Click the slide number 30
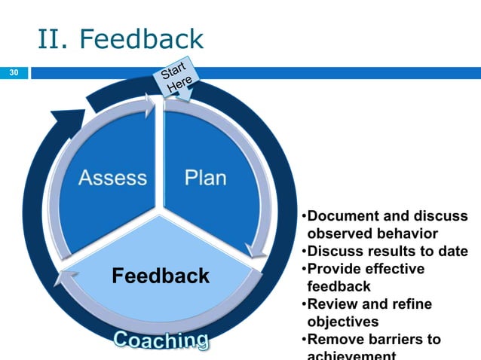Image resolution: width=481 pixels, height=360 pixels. [13, 73]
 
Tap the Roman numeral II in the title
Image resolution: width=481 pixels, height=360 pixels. [50, 39]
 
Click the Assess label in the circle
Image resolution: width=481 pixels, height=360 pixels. [112, 178]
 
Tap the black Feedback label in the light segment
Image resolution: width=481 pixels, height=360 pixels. [161, 276]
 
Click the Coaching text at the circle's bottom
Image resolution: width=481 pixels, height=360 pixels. [161, 340]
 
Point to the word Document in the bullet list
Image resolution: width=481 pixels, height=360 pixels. [342, 217]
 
